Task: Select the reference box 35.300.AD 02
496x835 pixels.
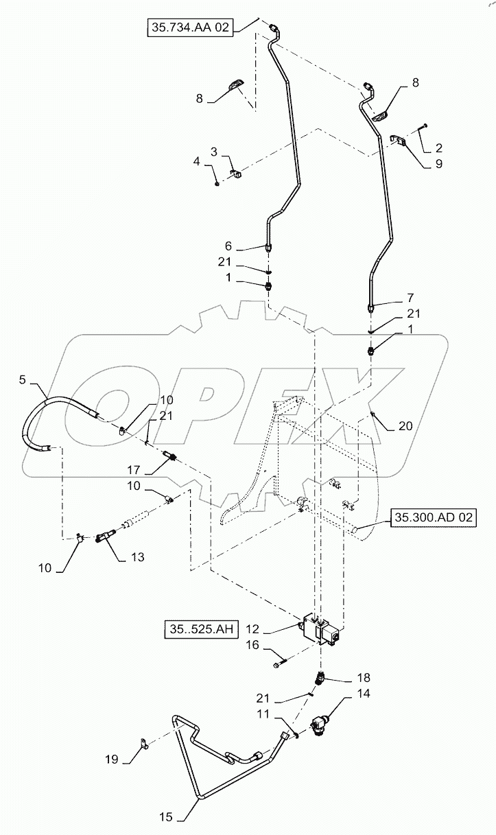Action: pos(433,518)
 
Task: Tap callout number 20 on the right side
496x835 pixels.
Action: pos(405,425)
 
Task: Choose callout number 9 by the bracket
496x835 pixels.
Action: pos(438,163)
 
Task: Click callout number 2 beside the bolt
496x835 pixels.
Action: pos(438,147)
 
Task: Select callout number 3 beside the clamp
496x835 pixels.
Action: pos(215,151)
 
